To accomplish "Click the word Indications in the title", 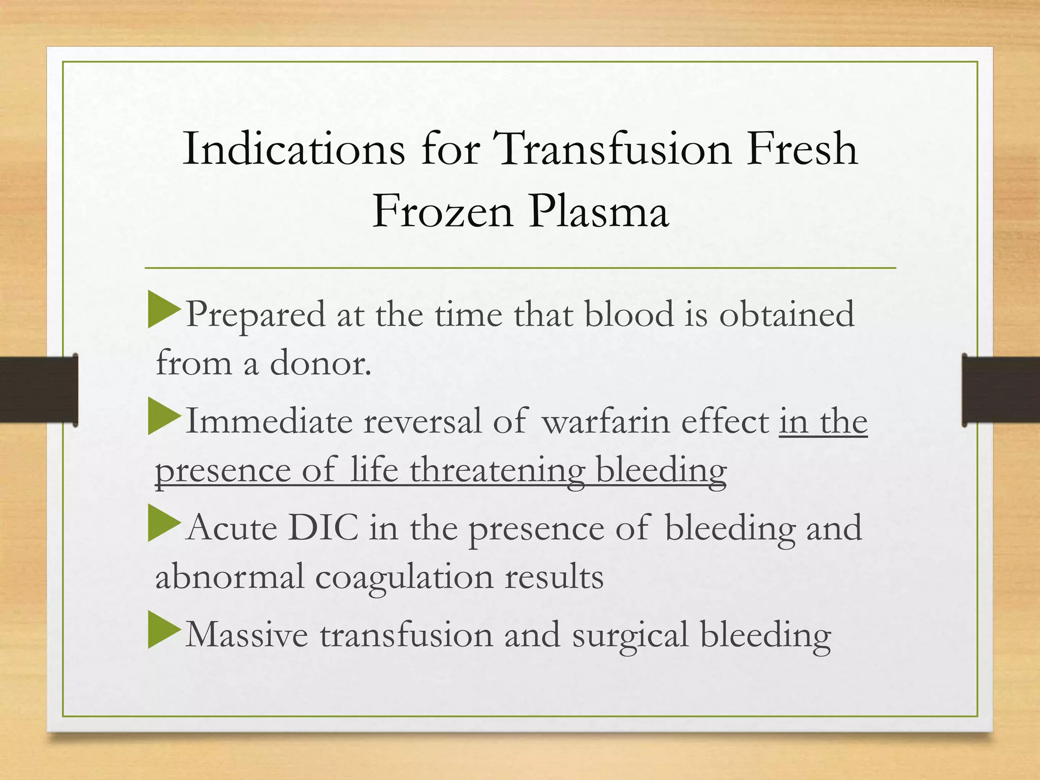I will click(294, 149).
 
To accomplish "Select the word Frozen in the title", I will click(442, 211).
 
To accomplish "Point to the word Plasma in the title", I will click(598, 211).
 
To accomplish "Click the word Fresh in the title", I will click(802, 149).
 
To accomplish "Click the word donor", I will click(320, 364).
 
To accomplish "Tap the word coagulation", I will click(404, 578).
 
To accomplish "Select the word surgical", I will click(630, 635).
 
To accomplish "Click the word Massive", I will click(247, 635).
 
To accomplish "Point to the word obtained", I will click(787, 315).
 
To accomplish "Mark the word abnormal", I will click(230, 577).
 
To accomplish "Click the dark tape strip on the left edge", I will click(39, 389).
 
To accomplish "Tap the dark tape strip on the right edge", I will click(1000, 389).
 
